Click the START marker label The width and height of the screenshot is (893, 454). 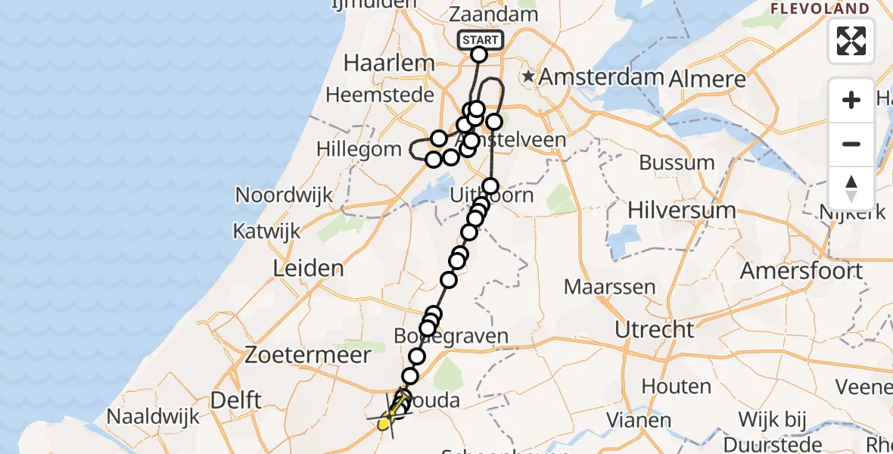click(480, 40)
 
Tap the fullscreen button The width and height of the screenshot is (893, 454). click(851, 41)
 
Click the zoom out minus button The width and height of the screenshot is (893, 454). click(851, 144)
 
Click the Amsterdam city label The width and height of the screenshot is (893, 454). click(602, 77)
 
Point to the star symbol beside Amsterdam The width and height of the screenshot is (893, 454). click(528, 77)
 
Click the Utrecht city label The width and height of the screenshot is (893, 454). click(655, 329)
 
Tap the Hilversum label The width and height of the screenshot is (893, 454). click(681, 210)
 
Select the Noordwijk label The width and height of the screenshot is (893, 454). click(284, 194)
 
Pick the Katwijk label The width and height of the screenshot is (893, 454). click(266, 230)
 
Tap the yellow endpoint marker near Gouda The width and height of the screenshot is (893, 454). click(384, 424)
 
